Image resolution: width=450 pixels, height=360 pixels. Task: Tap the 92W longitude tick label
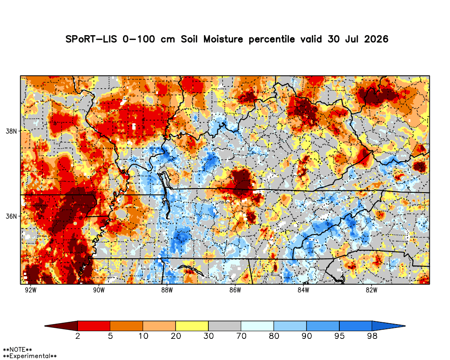pyautogui.click(x=31, y=290)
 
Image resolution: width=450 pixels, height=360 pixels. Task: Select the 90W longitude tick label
pyautogui.click(x=99, y=290)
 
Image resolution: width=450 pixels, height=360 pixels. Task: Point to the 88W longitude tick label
pyautogui.click(x=167, y=290)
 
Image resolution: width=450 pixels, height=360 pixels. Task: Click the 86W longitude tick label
pyautogui.click(x=235, y=290)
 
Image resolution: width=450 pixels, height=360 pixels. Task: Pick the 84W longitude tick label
pyautogui.click(x=303, y=290)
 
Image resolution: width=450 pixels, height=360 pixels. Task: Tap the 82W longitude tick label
pyautogui.click(x=371, y=290)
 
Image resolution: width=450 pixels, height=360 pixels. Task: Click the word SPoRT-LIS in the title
pyautogui.click(x=91, y=39)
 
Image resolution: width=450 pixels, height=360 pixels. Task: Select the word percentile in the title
pyautogui.click(x=271, y=39)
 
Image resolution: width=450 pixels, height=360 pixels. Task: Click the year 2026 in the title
pyautogui.click(x=376, y=39)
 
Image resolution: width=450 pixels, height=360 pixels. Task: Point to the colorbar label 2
pyautogui.click(x=77, y=336)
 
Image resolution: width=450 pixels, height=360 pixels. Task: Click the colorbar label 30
pyautogui.click(x=209, y=336)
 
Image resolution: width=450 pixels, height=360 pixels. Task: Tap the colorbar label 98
pyautogui.click(x=372, y=336)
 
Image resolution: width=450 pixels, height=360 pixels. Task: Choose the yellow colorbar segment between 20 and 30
pyautogui.click(x=192, y=326)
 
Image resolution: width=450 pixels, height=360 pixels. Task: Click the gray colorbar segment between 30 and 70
pyautogui.click(x=225, y=326)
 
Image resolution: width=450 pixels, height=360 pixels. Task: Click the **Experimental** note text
pyautogui.click(x=30, y=356)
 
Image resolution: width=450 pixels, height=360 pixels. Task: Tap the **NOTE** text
pyautogui.click(x=17, y=350)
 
